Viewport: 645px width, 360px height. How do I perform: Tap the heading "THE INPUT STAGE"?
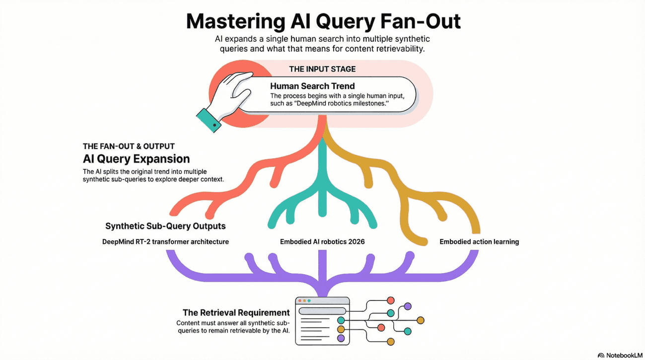tap(322, 69)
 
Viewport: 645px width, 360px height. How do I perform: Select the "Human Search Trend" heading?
tap(312, 86)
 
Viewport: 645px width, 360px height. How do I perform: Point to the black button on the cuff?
tap(215, 125)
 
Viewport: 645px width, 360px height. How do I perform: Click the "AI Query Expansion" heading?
tap(136, 159)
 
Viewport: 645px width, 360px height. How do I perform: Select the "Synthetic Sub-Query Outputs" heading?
tap(165, 226)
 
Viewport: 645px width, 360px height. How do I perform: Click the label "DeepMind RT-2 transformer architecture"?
tap(165, 242)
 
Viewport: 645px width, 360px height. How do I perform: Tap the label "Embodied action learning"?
tap(479, 242)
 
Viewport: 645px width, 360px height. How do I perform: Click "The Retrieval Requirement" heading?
tap(236, 312)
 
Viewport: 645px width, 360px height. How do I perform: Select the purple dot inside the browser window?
tap(341, 338)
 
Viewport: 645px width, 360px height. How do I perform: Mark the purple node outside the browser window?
tap(408, 306)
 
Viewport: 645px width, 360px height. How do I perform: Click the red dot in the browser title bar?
tap(299, 301)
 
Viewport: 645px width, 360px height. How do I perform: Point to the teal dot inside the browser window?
tap(341, 320)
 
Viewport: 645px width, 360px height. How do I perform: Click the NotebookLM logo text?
tap(623, 355)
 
